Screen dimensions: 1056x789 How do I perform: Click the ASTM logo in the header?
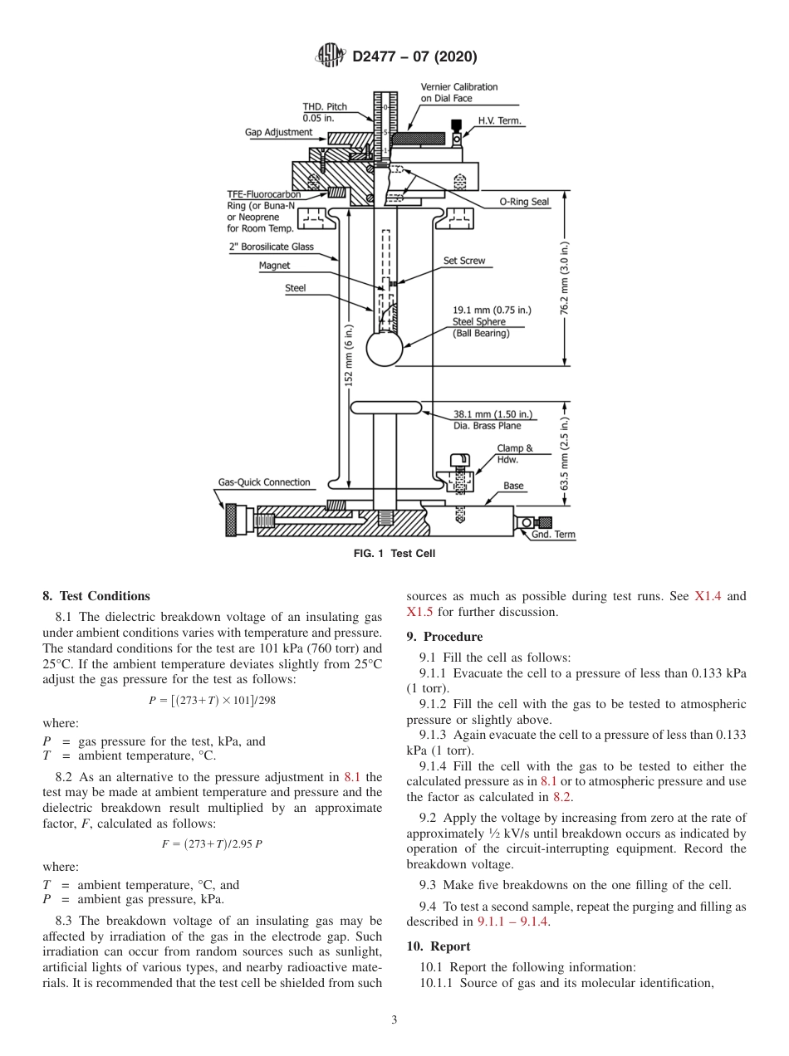pos(331,56)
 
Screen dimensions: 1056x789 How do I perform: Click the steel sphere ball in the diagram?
pos(385,349)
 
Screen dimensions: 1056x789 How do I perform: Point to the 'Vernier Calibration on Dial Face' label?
pos(458,92)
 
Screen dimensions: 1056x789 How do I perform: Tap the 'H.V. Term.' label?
pos(500,121)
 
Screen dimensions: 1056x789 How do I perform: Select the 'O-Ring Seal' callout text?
pos(524,202)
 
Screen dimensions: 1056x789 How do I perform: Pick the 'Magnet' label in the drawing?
pos(275,266)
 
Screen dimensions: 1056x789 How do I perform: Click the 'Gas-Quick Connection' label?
pos(264,482)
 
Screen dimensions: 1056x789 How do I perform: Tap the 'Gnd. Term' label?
pos(553,535)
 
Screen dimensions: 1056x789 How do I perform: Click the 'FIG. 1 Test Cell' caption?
pos(394,554)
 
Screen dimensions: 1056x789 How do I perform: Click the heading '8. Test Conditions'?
pos(96,596)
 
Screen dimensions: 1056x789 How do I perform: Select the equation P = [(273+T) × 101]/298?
pos(212,700)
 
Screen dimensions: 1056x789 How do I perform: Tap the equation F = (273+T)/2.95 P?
pos(212,844)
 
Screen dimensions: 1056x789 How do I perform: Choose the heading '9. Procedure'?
pos(444,637)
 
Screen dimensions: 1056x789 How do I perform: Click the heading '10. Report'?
pos(439,946)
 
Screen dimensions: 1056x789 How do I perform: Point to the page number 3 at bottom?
pos(394,1020)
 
